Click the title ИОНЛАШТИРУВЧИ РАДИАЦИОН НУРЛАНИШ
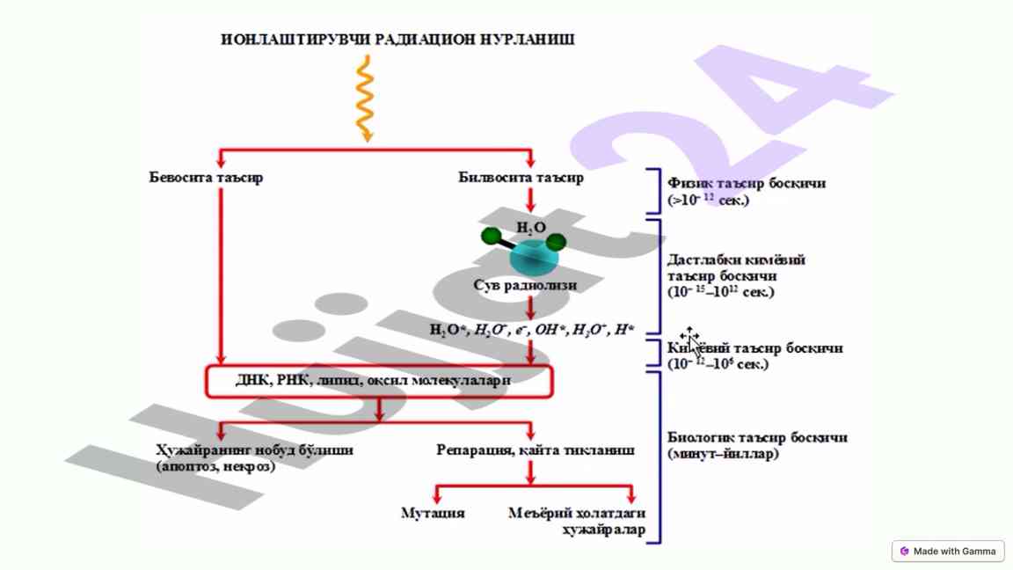[397, 40]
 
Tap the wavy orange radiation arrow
[364, 99]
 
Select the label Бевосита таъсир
[206, 178]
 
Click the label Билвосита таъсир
[521, 178]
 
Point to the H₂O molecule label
[530, 228]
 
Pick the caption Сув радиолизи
[525, 285]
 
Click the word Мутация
[433, 513]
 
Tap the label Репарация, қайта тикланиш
[535, 450]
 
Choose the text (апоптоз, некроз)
[215, 466]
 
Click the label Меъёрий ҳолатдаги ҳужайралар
[577, 521]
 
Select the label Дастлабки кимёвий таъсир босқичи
[736, 267]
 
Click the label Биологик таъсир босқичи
[757, 437]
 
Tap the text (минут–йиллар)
[723, 454]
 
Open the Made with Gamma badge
[947, 552]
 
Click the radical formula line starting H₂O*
[531, 331]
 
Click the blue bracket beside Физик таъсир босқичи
[654, 192]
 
